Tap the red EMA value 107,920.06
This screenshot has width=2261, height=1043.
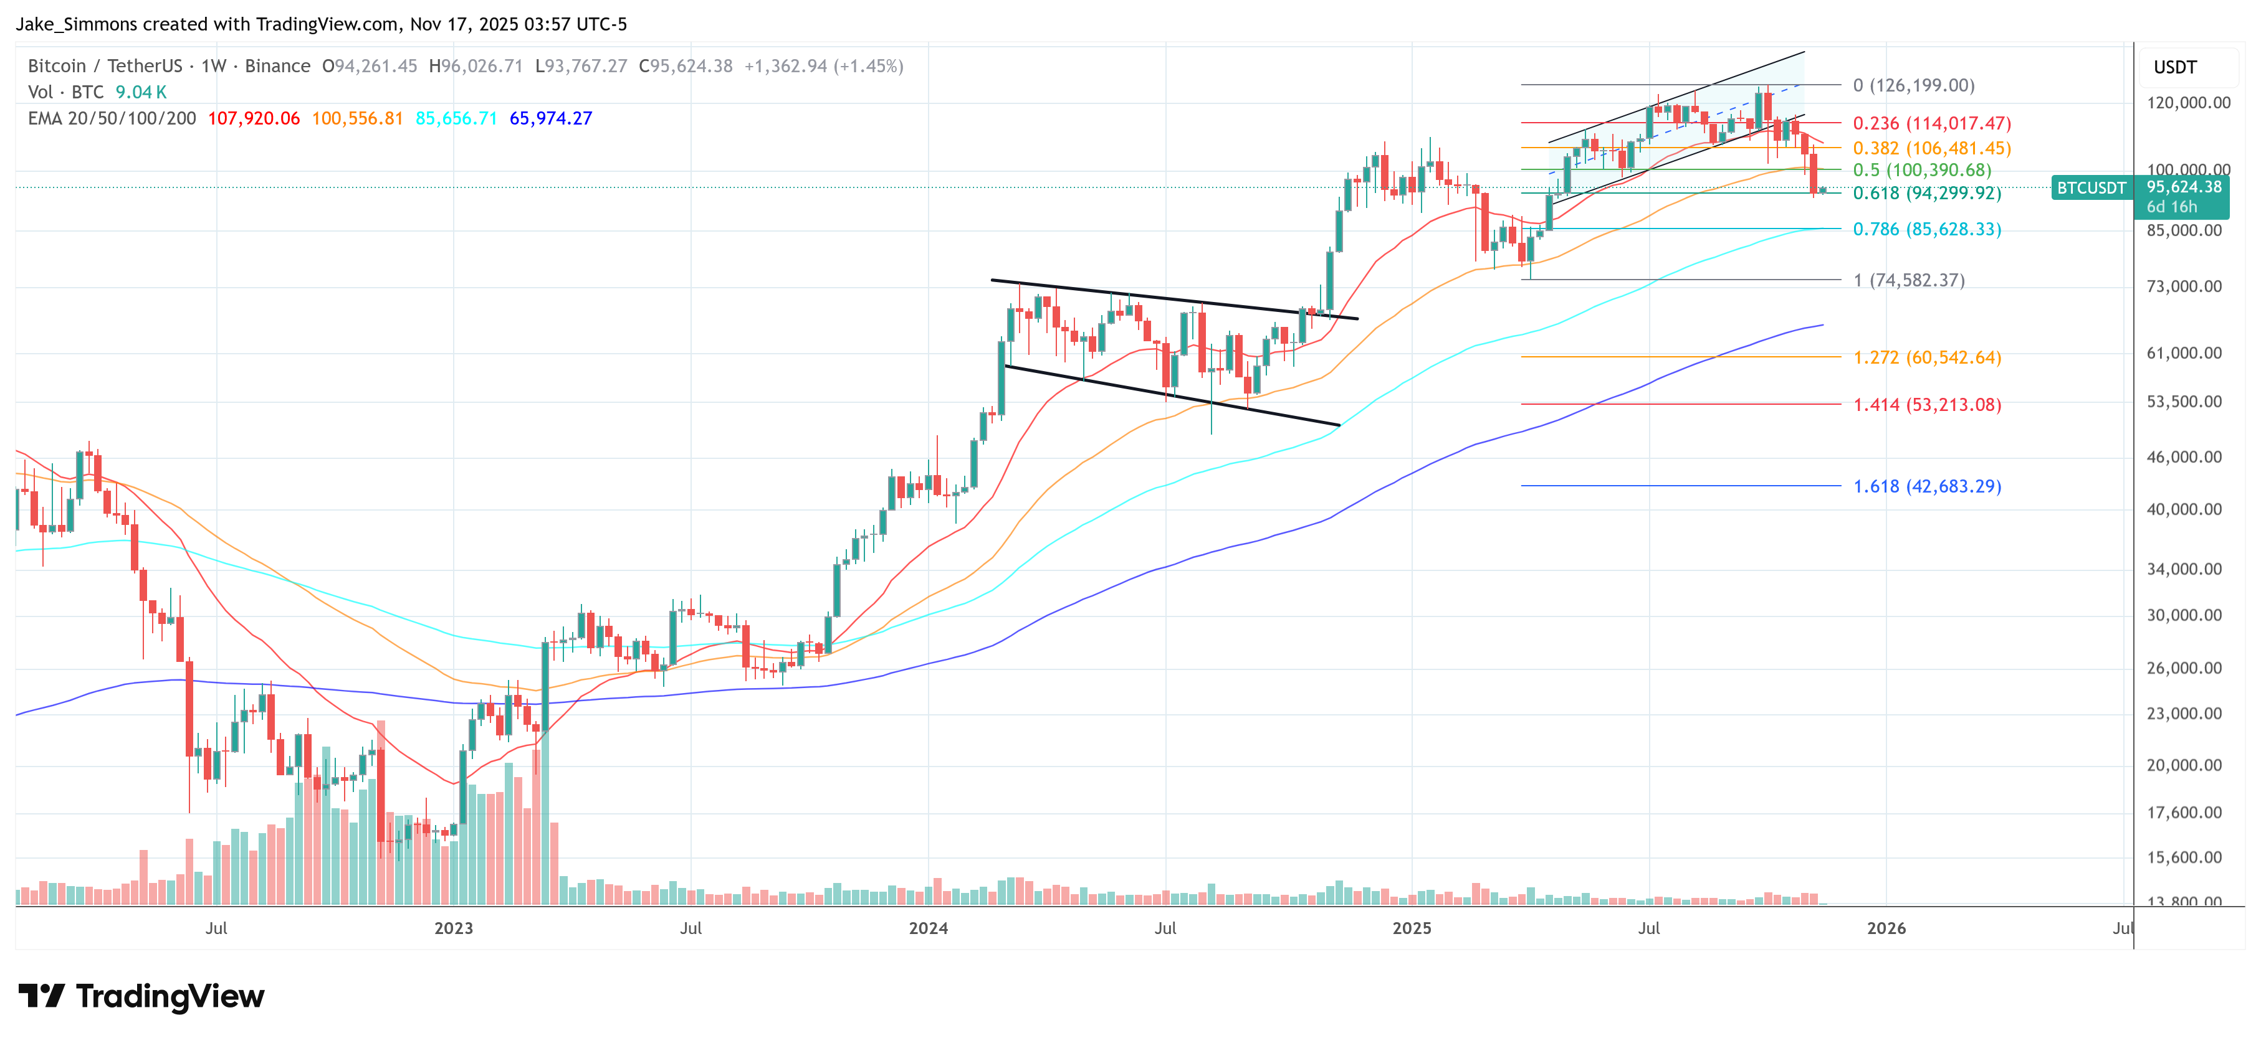[x=254, y=118]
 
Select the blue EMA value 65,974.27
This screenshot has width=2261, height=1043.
[x=550, y=118]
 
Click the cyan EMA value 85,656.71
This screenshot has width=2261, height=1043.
[x=456, y=118]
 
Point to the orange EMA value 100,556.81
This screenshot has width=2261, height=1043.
[x=357, y=118]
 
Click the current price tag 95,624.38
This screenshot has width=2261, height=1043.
[x=2184, y=187]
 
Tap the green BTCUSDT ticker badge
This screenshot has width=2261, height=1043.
[x=2091, y=187]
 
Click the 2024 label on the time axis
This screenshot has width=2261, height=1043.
[x=928, y=928]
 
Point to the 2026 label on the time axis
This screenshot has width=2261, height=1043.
[x=1885, y=928]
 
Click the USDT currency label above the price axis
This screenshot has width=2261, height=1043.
[x=2175, y=67]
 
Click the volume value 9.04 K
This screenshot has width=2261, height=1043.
[x=140, y=92]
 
